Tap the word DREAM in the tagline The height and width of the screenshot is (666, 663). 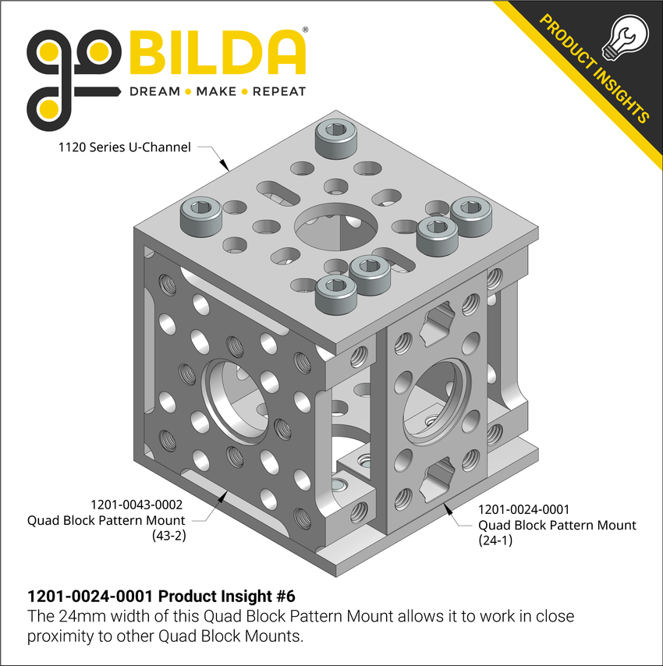(154, 91)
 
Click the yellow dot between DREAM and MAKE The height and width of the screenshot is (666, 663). (188, 91)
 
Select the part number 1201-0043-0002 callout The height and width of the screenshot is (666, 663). (138, 504)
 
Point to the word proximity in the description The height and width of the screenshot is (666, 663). (58, 636)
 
